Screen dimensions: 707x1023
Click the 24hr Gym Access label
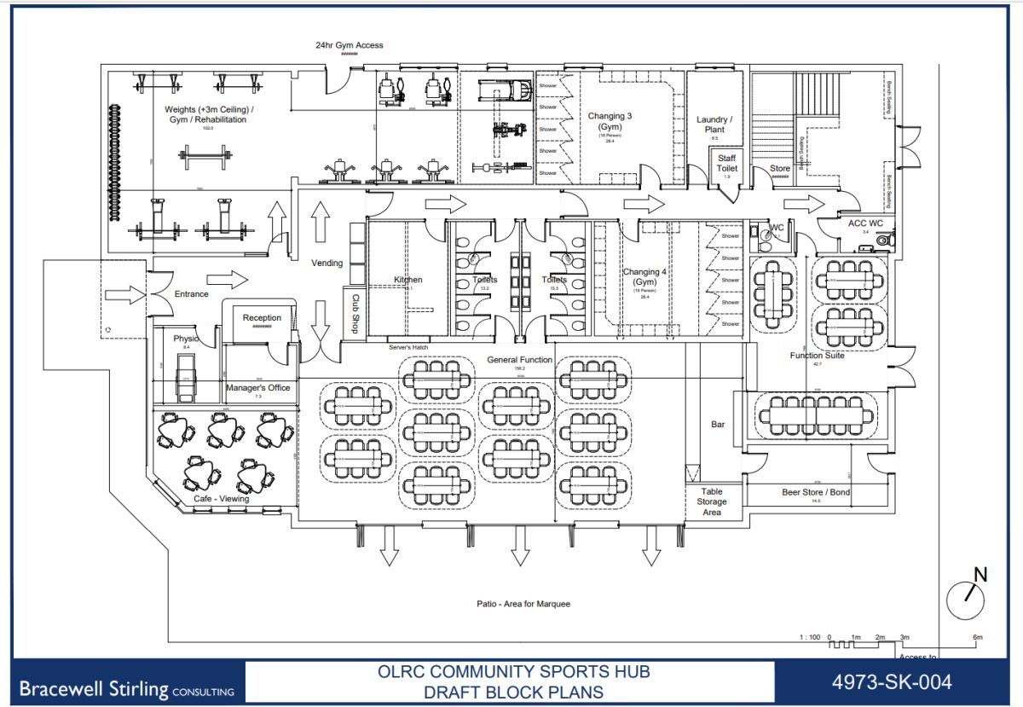pos(350,45)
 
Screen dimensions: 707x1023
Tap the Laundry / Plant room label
pos(714,125)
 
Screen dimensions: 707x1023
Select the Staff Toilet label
pos(726,164)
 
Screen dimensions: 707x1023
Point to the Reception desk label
pos(262,318)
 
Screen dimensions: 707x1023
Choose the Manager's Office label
pos(257,388)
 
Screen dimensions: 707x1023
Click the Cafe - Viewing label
pos(221,499)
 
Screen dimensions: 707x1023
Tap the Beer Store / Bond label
pos(816,492)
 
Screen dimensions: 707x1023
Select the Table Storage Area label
pos(712,501)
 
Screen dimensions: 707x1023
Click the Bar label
pos(717,424)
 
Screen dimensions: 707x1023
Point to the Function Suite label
pos(817,356)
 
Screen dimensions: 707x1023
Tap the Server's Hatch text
pos(408,347)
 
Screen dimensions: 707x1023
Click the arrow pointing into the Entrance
pos(125,294)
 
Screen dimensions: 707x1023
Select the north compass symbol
pos(966,599)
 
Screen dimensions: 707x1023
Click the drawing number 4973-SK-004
pos(892,681)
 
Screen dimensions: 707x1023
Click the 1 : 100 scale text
pos(811,637)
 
